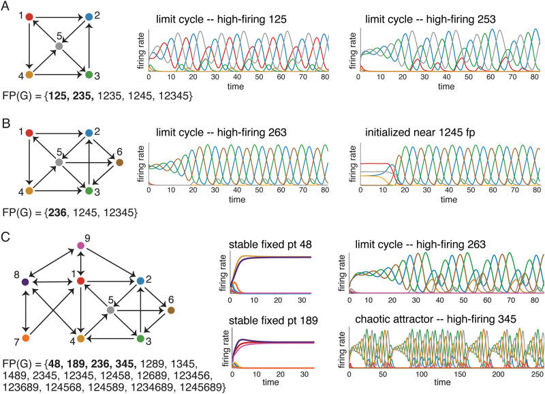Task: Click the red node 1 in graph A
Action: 29,16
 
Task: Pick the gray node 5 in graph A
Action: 59,45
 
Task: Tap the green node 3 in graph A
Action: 88,74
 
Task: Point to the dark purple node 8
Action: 25,281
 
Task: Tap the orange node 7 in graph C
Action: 25,337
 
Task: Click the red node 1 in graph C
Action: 81,281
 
